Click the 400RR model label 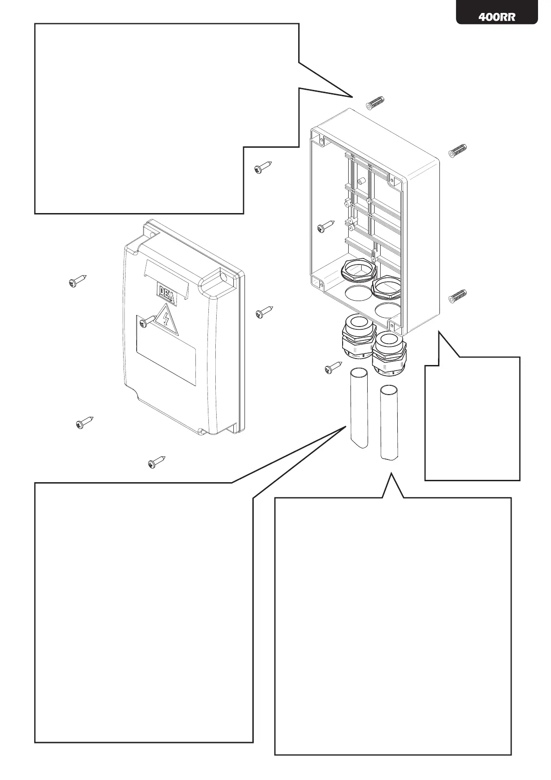click(x=497, y=17)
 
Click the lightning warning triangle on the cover click(x=167, y=320)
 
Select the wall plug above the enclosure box click(x=376, y=103)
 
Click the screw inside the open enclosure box click(x=326, y=226)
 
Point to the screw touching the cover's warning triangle click(x=148, y=321)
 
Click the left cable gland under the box click(x=357, y=337)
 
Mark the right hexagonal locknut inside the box click(x=388, y=287)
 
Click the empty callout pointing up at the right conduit click(x=393, y=625)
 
